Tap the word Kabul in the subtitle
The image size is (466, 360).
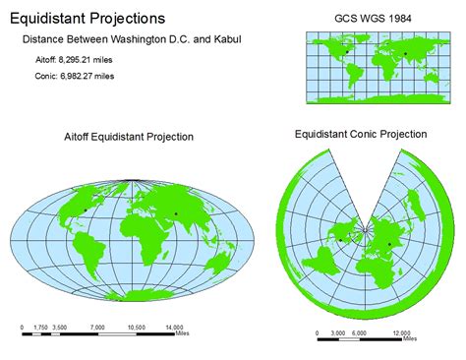point(229,39)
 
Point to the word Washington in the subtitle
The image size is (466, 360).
point(145,39)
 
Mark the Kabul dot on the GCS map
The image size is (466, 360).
point(405,52)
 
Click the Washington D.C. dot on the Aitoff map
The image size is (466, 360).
point(86,210)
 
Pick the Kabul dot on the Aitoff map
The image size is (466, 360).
point(176,213)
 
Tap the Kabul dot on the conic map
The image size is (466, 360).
point(389,244)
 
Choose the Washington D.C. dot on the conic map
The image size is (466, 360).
point(341,239)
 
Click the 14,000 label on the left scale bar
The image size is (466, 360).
point(174,327)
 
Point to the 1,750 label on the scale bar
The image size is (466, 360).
point(41,327)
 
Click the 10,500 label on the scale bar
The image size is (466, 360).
point(136,327)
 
